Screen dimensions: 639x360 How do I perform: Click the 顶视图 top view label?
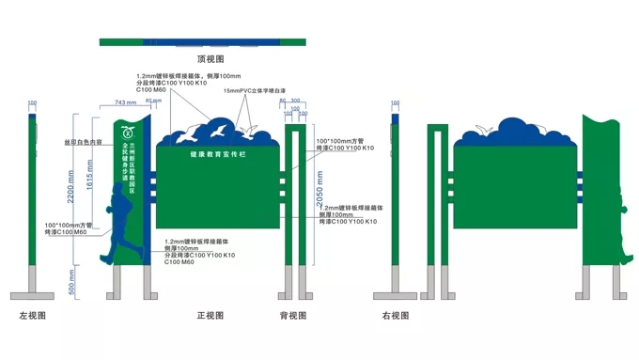pyautogui.click(x=210, y=58)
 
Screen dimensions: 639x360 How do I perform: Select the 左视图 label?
pyautogui.click(x=32, y=316)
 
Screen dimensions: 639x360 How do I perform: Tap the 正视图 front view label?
pyautogui.click(x=210, y=316)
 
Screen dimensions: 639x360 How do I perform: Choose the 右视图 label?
pyautogui.click(x=395, y=316)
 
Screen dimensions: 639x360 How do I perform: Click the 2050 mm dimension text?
pyautogui.click(x=320, y=193)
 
